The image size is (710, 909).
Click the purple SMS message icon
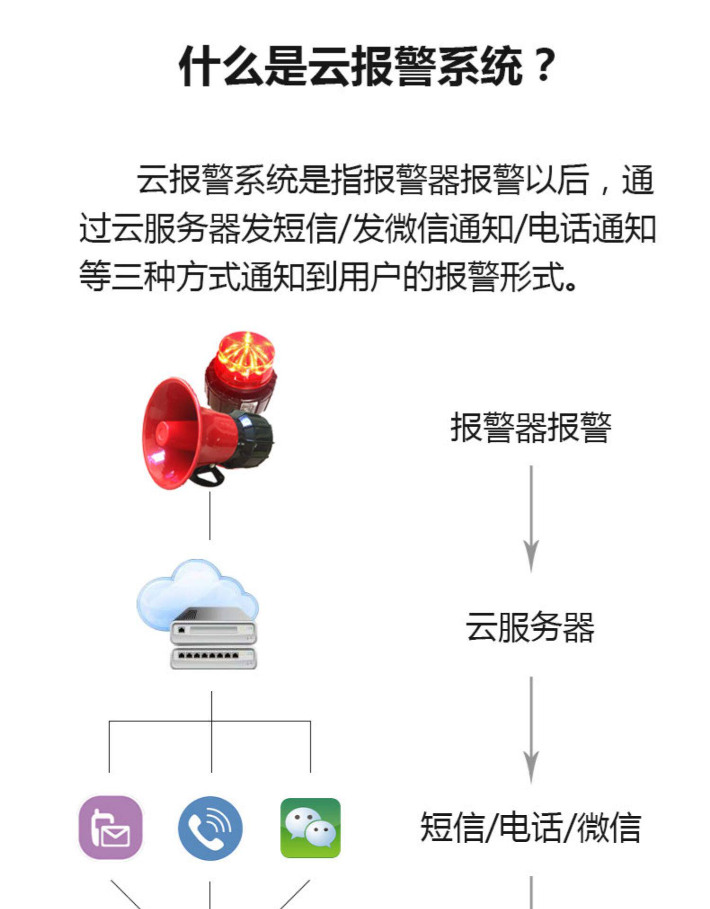[111, 828]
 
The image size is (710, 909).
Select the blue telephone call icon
[210, 828]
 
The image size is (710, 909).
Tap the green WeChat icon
[311, 828]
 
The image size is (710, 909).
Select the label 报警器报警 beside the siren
[531, 428]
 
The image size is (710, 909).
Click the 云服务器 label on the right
[531, 627]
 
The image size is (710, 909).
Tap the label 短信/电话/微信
[531, 827]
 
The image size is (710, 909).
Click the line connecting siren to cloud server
[210, 516]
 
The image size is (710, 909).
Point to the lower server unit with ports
[213, 658]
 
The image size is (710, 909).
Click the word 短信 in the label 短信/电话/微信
[453, 827]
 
